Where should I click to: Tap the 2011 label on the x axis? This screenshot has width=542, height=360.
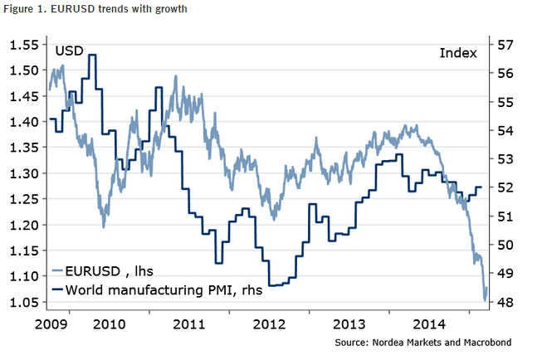coord(188,322)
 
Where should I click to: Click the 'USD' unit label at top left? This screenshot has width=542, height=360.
coord(70,52)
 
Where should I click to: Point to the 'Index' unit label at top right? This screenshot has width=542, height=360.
coord(457,53)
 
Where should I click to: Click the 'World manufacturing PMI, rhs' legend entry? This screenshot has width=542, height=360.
coord(153,289)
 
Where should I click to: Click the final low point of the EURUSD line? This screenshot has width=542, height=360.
coord(485,299)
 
